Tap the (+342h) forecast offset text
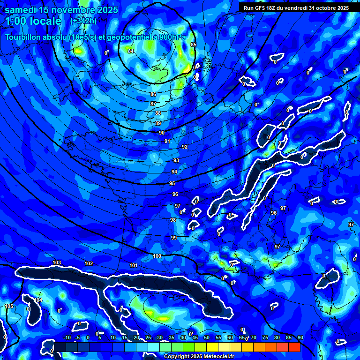click(x=83, y=21)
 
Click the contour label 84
click(x=131, y=51)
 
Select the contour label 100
click(x=157, y=256)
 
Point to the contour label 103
click(x=57, y=262)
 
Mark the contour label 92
click(x=185, y=147)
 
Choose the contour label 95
click(x=172, y=183)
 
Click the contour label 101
click(x=134, y=266)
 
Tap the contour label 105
click(x=9, y=306)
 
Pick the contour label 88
click(x=158, y=113)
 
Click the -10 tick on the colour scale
click(x=67, y=338)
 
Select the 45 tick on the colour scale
click(x=195, y=338)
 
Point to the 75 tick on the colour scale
click(x=265, y=338)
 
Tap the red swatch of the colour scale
click(x=294, y=347)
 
